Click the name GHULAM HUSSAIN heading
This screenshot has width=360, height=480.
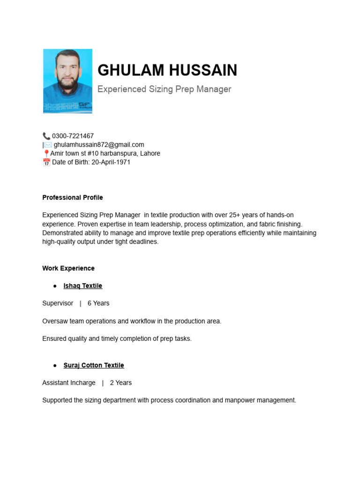pos(167,70)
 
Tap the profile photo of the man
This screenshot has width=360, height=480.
pos(67,81)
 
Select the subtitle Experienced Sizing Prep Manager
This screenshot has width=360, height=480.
pos(164,89)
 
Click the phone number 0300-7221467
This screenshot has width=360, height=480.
pos(73,136)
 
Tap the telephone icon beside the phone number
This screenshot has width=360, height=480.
pos(46,136)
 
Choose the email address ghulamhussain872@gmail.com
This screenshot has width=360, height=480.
pos(99,145)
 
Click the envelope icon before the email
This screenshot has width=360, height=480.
pos(48,145)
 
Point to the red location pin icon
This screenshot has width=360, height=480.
pos(46,154)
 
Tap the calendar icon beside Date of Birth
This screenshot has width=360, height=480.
pos(46,162)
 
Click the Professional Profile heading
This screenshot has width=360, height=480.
pos(73,197)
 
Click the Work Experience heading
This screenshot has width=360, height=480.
pos(68,268)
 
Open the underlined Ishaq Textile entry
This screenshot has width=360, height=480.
pos(83,286)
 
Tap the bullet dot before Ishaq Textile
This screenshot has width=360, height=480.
pos(55,286)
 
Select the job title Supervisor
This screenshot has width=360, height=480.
pos(58,303)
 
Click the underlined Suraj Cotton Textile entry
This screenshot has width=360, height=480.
pos(94,365)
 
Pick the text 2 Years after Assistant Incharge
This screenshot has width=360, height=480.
pos(121,382)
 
